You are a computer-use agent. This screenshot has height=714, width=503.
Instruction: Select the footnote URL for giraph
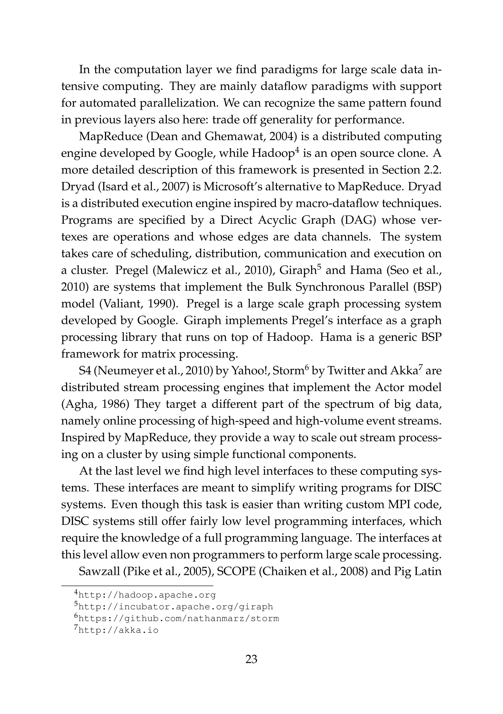click(176, 607)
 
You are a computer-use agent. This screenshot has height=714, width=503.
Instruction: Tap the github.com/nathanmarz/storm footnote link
click(179, 618)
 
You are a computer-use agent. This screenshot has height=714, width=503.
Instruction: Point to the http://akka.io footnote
click(118, 630)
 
